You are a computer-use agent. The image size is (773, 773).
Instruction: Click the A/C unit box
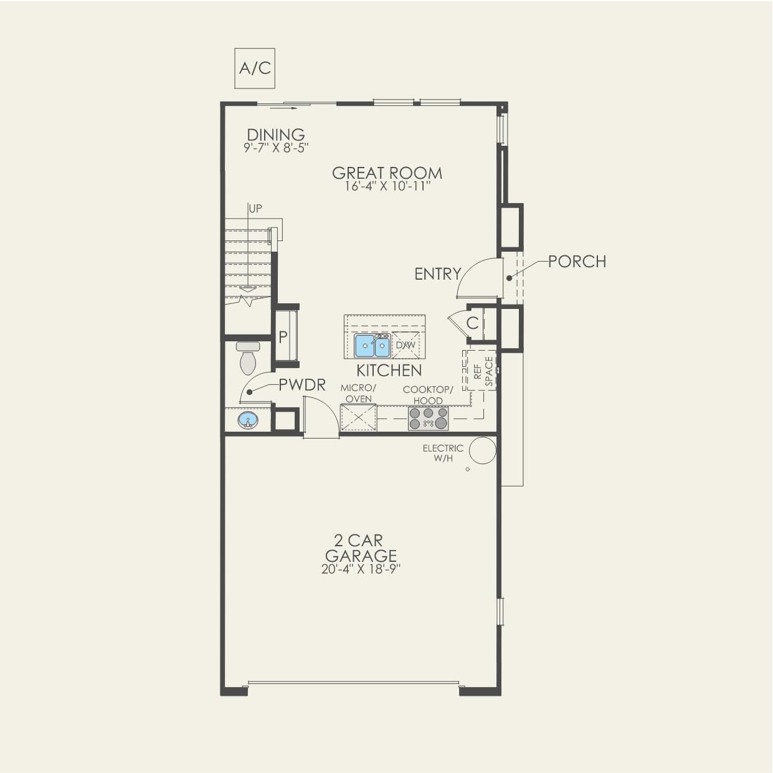click(255, 68)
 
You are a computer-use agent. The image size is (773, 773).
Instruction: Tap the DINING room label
click(276, 135)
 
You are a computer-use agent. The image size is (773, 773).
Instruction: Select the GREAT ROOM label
click(387, 173)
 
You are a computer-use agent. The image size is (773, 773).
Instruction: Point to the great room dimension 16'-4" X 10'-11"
click(387, 186)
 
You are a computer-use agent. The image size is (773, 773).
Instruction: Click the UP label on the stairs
click(255, 209)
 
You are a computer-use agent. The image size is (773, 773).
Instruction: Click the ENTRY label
click(438, 274)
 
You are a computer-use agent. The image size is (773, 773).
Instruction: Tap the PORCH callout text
click(577, 262)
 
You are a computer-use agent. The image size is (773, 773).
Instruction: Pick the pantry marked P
click(285, 336)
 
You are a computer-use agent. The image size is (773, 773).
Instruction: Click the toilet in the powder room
click(247, 358)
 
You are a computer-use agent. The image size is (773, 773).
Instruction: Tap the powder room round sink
click(249, 421)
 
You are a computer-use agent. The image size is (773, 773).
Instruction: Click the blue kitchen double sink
click(372, 346)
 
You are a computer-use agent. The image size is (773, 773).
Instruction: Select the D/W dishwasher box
click(406, 345)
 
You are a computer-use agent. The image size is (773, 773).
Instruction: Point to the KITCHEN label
click(389, 370)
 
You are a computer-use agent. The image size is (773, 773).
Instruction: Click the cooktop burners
click(428, 419)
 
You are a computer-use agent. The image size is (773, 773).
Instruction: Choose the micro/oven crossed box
click(359, 417)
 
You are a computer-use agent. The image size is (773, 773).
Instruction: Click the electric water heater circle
click(483, 450)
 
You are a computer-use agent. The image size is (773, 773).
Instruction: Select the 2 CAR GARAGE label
click(361, 548)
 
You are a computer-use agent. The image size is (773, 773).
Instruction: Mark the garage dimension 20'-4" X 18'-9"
click(361, 569)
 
